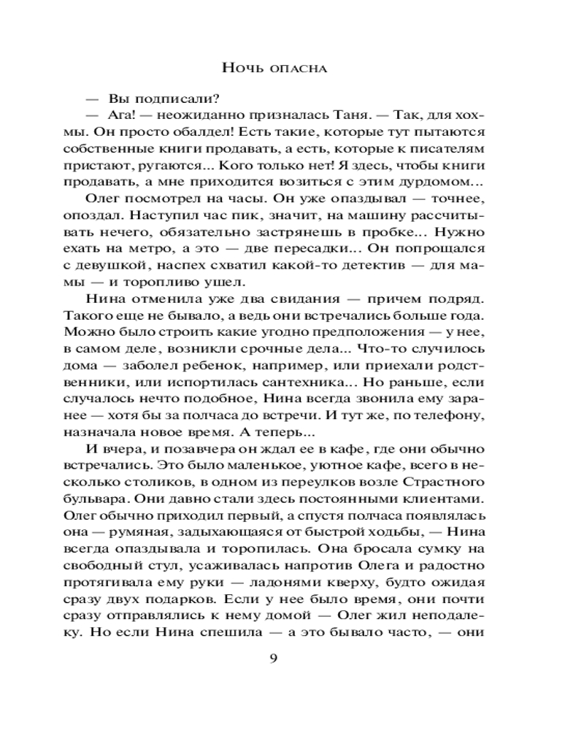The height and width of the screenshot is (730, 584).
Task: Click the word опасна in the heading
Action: point(296,69)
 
